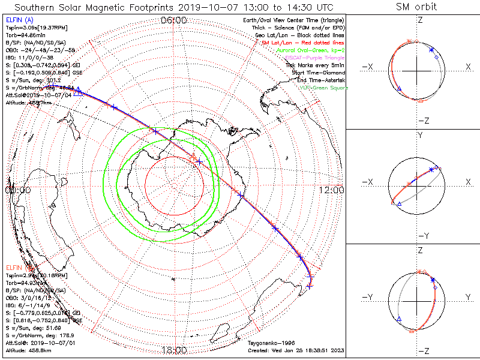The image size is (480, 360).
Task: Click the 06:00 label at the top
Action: click(174, 21)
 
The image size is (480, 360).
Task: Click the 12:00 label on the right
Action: click(331, 190)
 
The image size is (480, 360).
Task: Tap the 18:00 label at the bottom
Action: click(174, 350)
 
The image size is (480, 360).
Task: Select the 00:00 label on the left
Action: click(17, 190)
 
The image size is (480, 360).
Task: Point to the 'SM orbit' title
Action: click(416, 7)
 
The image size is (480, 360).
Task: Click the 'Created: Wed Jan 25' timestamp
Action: click(296, 350)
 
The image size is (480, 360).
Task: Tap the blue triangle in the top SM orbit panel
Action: click(400, 89)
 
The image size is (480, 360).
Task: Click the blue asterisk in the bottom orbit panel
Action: click(432, 280)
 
